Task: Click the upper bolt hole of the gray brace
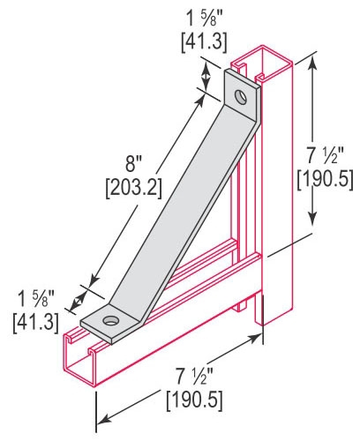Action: pos(241,97)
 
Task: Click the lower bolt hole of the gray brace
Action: pos(111,320)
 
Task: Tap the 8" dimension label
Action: pos(134,164)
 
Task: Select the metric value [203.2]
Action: pos(134,188)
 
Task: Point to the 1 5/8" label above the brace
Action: pos(205,19)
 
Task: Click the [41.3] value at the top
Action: pos(205,42)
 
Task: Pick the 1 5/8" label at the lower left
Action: pos(36,299)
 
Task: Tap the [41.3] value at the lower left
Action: pos(36,323)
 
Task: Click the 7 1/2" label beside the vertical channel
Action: pos(326,155)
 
